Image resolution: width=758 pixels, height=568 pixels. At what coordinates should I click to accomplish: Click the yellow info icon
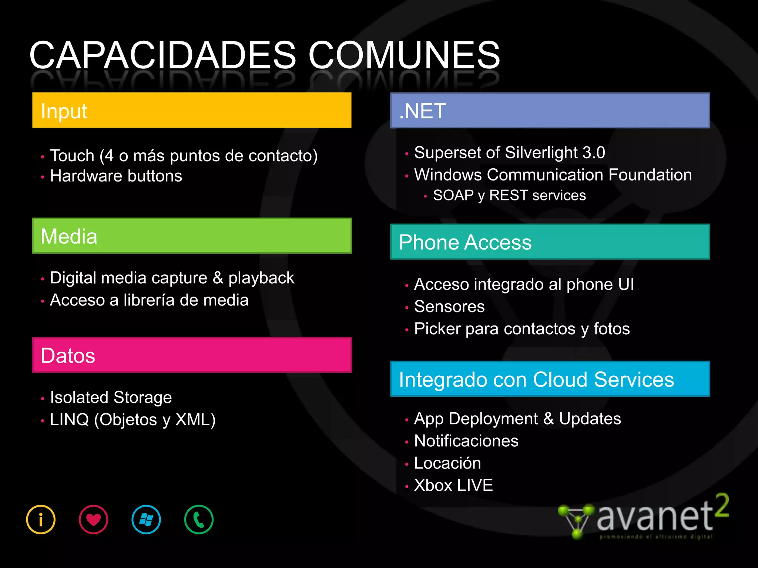pyautogui.click(x=41, y=520)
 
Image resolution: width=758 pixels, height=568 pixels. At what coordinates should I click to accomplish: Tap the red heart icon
pyautogui.click(x=93, y=520)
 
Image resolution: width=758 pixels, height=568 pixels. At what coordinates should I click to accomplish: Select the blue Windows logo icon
pyautogui.click(x=146, y=520)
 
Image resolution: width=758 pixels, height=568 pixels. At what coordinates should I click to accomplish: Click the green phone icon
pyautogui.click(x=199, y=520)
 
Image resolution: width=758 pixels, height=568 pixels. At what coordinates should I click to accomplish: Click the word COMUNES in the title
pyautogui.click(x=404, y=55)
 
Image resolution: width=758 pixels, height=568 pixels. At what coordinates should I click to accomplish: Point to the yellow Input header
pyautogui.click(x=192, y=110)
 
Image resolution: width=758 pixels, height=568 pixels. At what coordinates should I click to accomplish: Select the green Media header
pyautogui.click(x=192, y=236)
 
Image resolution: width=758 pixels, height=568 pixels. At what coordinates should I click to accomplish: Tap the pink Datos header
pyautogui.click(x=192, y=355)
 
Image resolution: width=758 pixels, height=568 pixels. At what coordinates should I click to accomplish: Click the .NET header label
pyautogui.click(x=423, y=111)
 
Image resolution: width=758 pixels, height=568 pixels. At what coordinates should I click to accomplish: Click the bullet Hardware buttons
pyautogui.click(x=116, y=176)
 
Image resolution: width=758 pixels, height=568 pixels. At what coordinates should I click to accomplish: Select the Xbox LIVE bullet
pyautogui.click(x=453, y=485)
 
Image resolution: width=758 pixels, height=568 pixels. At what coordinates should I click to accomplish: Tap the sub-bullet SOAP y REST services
pyautogui.click(x=509, y=195)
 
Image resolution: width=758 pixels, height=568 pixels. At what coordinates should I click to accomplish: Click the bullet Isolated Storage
pyautogui.click(x=111, y=398)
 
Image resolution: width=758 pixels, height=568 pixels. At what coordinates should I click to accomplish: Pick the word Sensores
pyautogui.click(x=449, y=307)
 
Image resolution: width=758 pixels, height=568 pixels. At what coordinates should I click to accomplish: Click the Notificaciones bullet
pyautogui.click(x=466, y=441)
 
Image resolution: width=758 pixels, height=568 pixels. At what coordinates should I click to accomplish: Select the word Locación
pyautogui.click(x=447, y=463)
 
